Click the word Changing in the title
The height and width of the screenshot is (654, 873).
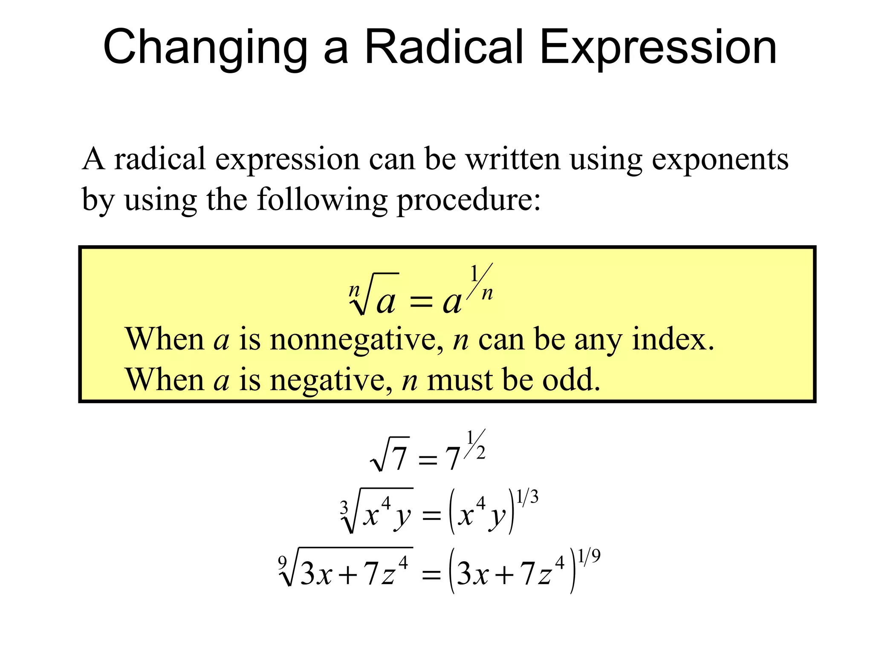tap(205, 48)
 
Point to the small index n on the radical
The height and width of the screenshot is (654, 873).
tap(354, 290)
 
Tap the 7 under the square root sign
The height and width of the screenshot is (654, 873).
tap(399, 459)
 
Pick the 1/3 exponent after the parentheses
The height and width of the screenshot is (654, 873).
tap(527, 497)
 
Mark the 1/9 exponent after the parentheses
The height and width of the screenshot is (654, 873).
tap(590, 556)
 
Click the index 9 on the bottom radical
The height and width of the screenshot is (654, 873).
tap(282, 562)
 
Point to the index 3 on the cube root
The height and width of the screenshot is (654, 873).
tap(344, 507)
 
